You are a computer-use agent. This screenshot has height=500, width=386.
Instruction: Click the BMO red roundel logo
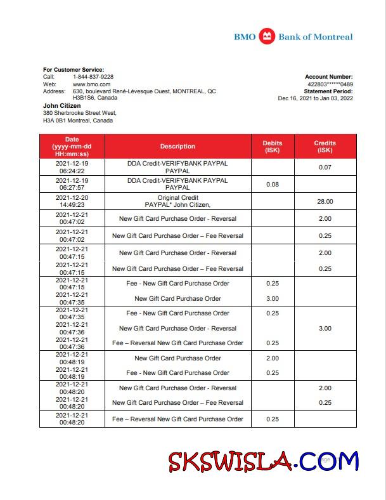pos(267,36)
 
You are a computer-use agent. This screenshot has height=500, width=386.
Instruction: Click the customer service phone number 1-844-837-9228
pos(93,77)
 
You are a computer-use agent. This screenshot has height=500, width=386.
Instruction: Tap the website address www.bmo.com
pos(92,84)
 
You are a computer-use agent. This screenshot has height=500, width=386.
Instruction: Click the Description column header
pos(177,147)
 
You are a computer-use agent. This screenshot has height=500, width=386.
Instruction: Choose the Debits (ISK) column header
pos(273,147)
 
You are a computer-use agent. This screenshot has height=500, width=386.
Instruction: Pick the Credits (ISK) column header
pos(325,147)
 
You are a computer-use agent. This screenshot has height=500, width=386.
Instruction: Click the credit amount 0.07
pos(325,167)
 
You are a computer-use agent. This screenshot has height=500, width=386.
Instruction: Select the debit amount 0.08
pos(273,185)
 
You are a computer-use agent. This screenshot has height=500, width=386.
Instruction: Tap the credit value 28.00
pos(325,202)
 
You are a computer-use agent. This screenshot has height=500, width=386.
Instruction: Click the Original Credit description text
pos(177,198)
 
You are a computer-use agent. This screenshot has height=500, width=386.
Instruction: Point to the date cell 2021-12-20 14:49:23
pos(72,202)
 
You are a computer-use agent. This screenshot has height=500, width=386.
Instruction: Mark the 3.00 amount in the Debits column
pos(273,299)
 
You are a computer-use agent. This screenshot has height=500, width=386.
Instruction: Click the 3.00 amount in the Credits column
pos(325,329)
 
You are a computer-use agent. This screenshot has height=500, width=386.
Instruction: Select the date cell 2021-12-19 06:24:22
pos(72,167)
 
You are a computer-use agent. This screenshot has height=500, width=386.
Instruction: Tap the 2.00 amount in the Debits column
pos(273,359)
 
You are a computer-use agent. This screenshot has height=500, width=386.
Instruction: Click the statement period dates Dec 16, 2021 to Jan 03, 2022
pos(315,98)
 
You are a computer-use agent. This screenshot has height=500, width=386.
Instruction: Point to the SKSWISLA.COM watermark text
pos(263,461)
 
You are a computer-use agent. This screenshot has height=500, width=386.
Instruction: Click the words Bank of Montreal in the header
pos(316,37)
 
